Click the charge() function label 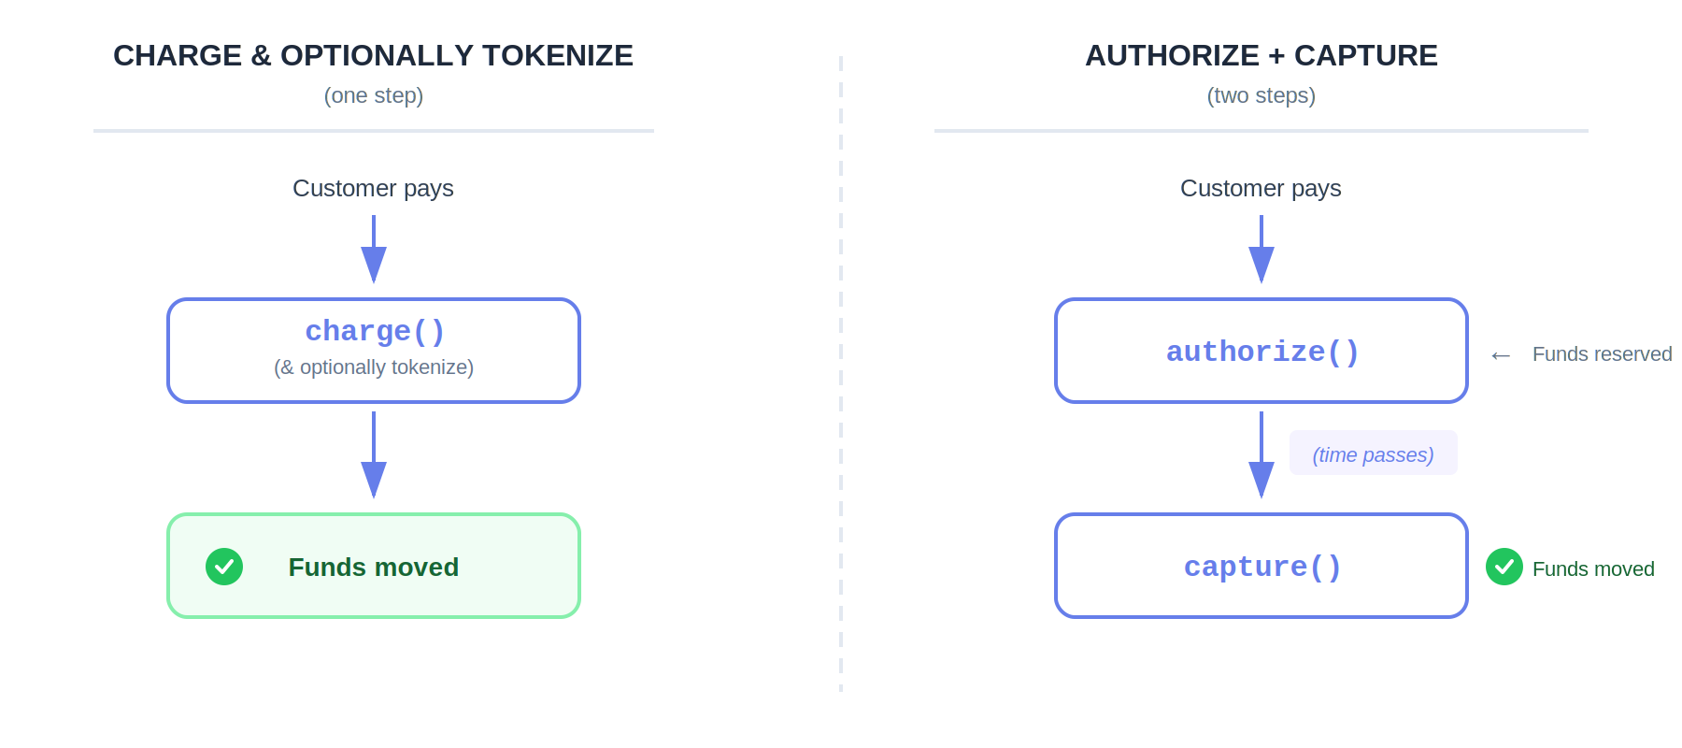click(x=374, y=331)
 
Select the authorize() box click(x=1261, y=352)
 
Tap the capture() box click(x=1261, y=567)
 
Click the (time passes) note click(x=1373, y=454)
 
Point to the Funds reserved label click(x=1602, y=354)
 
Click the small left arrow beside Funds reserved click(x=1501, y=355)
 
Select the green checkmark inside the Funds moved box click(x=224, y=567)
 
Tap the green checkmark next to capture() click(x=1504, y=567)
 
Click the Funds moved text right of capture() click(x=1593, y=568)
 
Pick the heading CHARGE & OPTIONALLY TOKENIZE click(x=373, y=56)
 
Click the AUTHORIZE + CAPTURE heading click(x=1261, y=56)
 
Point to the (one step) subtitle click(x=373, y=95)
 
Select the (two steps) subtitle click(x=1261, y=95)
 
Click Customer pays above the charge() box click(x=373, y=188)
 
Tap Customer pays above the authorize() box click(x=1261, y=188)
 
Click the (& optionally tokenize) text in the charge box click(x=374, y=367)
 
